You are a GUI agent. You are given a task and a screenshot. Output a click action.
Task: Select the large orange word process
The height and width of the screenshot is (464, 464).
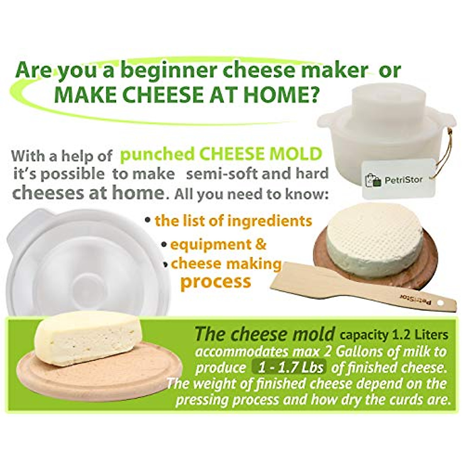[215, 281]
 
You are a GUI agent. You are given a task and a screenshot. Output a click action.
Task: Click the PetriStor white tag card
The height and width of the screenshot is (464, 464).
[399, 179]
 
